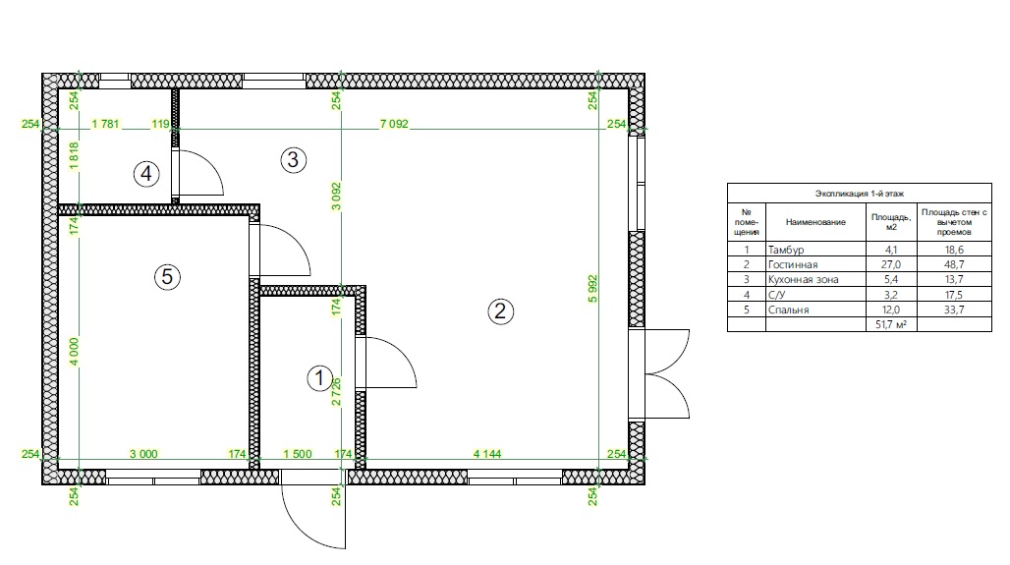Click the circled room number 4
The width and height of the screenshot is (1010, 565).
146,173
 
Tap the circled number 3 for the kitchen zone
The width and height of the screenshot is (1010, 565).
293,159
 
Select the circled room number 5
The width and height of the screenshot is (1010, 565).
167,277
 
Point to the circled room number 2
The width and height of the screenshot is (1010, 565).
500,311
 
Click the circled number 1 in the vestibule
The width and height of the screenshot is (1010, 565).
320,378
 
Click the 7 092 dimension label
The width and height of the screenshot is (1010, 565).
394,124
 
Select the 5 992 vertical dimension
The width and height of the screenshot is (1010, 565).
592,289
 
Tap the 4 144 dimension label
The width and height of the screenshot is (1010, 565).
487,454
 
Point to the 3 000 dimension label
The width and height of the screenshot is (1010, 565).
143,454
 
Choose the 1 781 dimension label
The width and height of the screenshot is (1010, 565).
106,124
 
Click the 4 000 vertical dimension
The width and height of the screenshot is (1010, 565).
74,352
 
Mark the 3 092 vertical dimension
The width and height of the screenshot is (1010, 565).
336,197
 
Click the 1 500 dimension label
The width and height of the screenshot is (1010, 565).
298,454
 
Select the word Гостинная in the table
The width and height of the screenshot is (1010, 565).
793,264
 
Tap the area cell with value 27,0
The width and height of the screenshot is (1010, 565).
891,264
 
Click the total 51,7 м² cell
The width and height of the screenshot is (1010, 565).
891,324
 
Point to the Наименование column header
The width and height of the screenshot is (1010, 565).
815,222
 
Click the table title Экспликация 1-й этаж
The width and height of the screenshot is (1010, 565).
860,194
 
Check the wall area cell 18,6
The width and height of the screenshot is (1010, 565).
954,250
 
